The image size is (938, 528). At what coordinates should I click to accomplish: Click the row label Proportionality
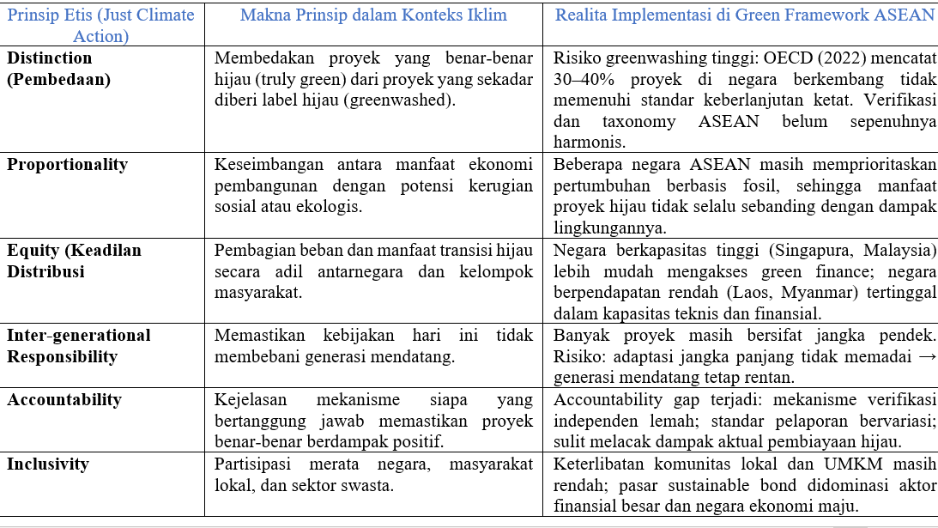pos(67,164)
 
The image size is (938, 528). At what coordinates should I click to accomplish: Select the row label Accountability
pos(64,399)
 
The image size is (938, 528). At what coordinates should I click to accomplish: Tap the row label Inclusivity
pos(48,464)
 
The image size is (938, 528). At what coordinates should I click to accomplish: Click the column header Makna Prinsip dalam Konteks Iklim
pos(373,15)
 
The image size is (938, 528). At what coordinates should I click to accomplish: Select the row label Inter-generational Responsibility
pos(79,345)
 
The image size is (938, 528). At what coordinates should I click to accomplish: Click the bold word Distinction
pos(50,58)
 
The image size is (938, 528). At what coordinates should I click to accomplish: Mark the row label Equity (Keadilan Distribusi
pos(74,261)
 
